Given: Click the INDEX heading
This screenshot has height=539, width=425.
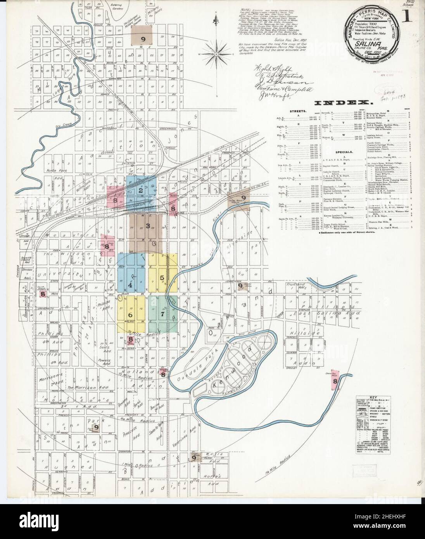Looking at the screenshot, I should pyautogui.click(x=343, y=103).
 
